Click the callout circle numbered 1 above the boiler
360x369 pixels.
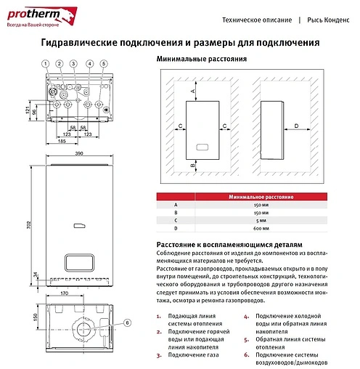(x=45, y=64)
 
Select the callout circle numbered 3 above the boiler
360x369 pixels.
(x=74, y=64)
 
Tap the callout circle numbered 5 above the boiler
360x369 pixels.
(x=103, y=64)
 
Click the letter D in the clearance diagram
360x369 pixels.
(x=296, y=126)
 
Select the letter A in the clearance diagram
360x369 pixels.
(x=192, y=91)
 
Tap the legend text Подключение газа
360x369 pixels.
(x=186, y=354)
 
